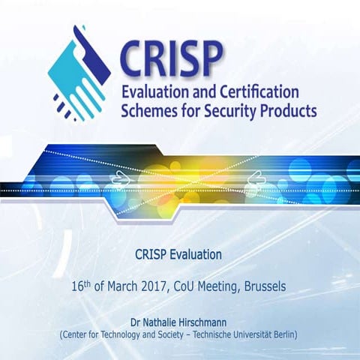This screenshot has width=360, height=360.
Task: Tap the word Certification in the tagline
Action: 254,92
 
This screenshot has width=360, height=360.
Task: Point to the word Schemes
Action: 151,112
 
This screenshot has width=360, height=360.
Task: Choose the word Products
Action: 288,112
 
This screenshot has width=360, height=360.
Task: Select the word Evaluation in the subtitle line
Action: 196,255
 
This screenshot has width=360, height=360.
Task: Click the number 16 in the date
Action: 76,287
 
